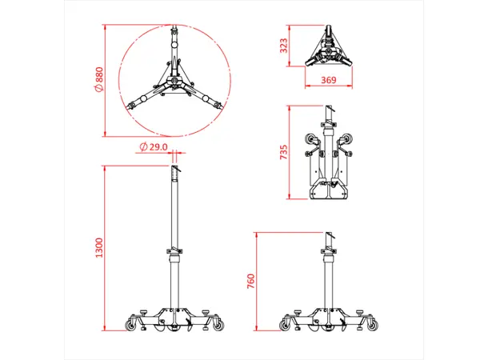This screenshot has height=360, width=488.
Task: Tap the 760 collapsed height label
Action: point(251,282)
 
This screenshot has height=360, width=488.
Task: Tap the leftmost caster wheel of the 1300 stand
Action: point(131,325)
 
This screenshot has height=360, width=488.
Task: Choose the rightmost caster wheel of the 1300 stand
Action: point(217,325)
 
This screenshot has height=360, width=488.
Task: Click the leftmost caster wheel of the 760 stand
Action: point(285,325)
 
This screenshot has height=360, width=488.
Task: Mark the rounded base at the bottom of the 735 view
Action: point(330,192)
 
